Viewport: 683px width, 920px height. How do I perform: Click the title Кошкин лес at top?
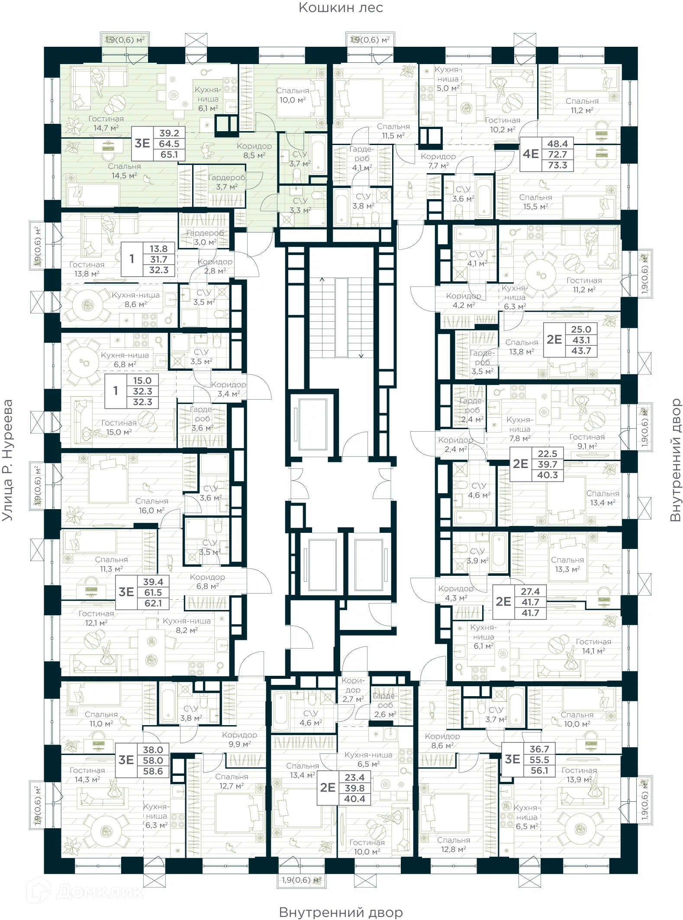[341, 8]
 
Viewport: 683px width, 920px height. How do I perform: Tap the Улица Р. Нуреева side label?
[7, 460]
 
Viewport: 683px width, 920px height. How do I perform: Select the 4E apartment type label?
[531, 154]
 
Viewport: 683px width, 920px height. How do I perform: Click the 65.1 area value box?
[169, 155]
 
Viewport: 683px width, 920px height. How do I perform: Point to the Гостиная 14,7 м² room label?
[106, 123]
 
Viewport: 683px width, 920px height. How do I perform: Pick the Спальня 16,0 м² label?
[151, 506]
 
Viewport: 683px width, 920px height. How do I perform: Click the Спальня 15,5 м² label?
[535, 202]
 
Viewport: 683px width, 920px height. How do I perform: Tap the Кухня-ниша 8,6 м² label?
[135, 300]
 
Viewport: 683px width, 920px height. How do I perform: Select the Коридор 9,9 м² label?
[239, 739]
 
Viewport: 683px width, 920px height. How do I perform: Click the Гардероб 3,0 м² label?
[205, 238]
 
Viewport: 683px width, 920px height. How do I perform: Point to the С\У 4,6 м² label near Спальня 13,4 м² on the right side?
[479, 491]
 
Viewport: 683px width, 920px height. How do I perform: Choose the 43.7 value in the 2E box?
[581, 351]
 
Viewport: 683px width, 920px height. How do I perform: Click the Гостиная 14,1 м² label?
[593, 646]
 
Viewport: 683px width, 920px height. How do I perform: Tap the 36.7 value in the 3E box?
[539, 749]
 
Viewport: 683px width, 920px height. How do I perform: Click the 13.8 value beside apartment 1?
[158, 249]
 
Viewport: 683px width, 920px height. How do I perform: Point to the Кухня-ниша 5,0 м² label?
[448, 79]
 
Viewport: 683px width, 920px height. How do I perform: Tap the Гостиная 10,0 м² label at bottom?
[367, 847]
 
